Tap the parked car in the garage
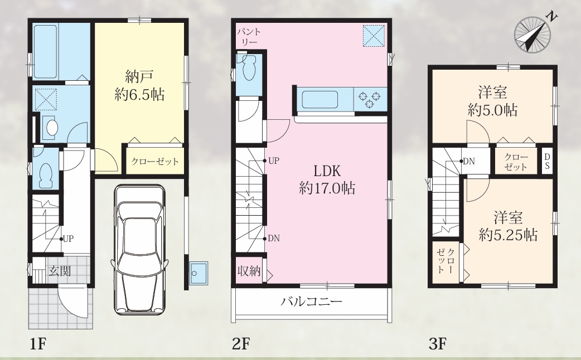pos(139,250)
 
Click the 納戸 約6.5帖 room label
pos(140,86)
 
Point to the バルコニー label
pos(311,301)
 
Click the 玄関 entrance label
pos(60,271)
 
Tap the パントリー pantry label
pos(249,37)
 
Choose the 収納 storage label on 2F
pos(249,271)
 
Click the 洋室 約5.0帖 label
pos(492,101)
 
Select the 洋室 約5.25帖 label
pos(508,226)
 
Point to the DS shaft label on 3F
pos(547,160)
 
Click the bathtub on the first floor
pos(46,51)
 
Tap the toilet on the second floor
pos(249,67)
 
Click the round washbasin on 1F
pos(50,128)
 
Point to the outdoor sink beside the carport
pos(198,273)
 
